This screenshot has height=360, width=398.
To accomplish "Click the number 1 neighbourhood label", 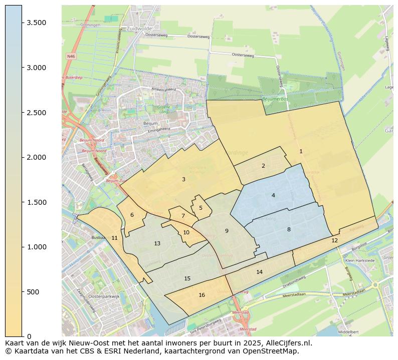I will click(x=301, y=151).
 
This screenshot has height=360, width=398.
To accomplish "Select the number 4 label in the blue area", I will click(x=273, y=195).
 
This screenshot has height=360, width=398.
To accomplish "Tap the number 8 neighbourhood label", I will click(x=289, y=229).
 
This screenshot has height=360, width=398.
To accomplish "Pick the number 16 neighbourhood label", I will click(x=202, y=295).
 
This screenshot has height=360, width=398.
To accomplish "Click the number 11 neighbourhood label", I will click(x=114, y=238).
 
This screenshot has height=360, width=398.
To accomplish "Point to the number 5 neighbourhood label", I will click(x=201, y=208).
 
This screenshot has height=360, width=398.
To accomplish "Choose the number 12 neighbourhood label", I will click(x=334, y=240).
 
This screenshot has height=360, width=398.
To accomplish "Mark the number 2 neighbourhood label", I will click(x=263, y=166).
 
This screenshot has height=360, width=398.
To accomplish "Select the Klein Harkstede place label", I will click(x=360, y=261).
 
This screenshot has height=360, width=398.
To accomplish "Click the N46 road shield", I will click(x=71, y=57).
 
